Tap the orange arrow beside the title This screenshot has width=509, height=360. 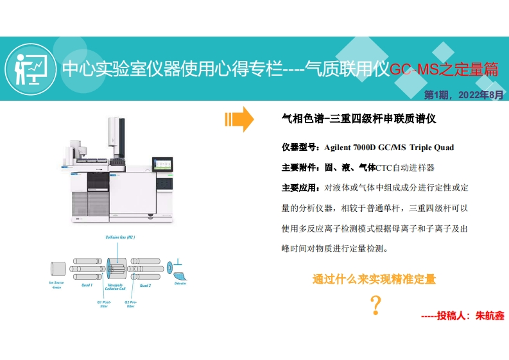pyautogui.click(x=239, y=119)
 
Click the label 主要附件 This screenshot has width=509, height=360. pyautogui.click(x=300, y=167)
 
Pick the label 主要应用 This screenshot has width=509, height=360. pyautogui.click(x=300, y=188)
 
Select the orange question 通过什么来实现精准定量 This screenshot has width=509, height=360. pyautogui.click(x=374, y=279)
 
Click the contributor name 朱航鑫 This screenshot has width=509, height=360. pyautogui.click(x=489, y=316)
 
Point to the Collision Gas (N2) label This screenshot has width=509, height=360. pyautogui.click(x=120, y=238)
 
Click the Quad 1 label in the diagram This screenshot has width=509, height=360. pyautogui.click(x=87, y=284)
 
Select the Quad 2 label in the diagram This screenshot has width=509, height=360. pyautogui.click(x=145, y=285)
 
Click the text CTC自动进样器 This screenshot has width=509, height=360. pyautogui.click(x=405, y=167)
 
